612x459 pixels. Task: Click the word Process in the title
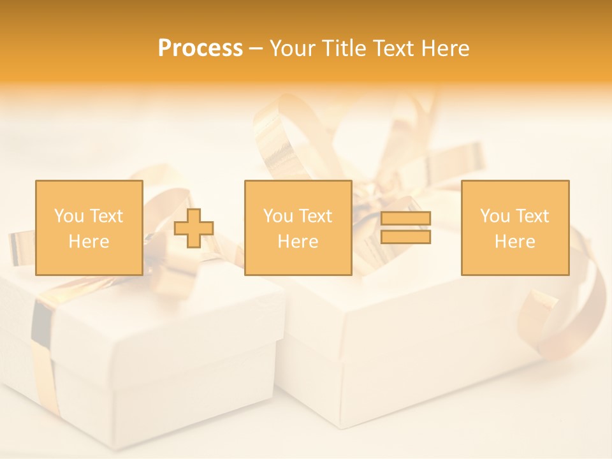point(200,48)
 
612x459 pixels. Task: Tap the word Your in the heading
point(293,48)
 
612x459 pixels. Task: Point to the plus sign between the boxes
point(194,228)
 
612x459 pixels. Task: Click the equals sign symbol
point(405,228)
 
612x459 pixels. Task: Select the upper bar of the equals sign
point(405,219)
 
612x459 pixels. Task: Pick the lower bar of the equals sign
point(405,237)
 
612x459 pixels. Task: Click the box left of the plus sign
point(89,228)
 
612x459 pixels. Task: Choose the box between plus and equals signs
point(298,228)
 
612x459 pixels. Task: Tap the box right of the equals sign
point(514,228)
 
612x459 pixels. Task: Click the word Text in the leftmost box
point(106,216)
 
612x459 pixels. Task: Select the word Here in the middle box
point(298,242)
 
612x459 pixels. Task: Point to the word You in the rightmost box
point(495,216)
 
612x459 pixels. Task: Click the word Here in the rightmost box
point(514,242)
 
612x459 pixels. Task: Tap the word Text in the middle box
point(316,216)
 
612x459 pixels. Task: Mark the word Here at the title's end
point(445,48)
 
